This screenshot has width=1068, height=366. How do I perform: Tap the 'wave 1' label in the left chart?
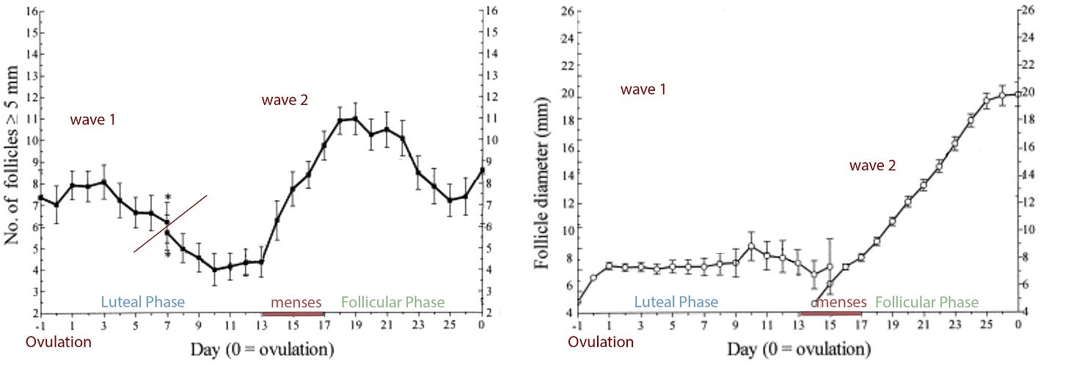point(93,119)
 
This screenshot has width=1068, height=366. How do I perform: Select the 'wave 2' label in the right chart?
point(872,166)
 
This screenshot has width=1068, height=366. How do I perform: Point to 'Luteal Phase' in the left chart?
point(142,301)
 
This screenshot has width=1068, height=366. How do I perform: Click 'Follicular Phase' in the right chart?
point(926,302)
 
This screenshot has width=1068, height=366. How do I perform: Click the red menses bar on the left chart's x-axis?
point(293,313)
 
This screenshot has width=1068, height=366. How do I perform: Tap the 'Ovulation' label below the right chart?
point(601,342)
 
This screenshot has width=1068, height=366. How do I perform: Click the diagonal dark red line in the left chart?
point(171,224)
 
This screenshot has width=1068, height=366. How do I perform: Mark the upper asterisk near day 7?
point(168,197)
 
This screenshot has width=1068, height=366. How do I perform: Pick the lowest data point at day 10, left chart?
point(214,270)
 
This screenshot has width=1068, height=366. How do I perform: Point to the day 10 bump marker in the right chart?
point(751,246)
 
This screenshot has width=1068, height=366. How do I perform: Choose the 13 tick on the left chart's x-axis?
point(261,325)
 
